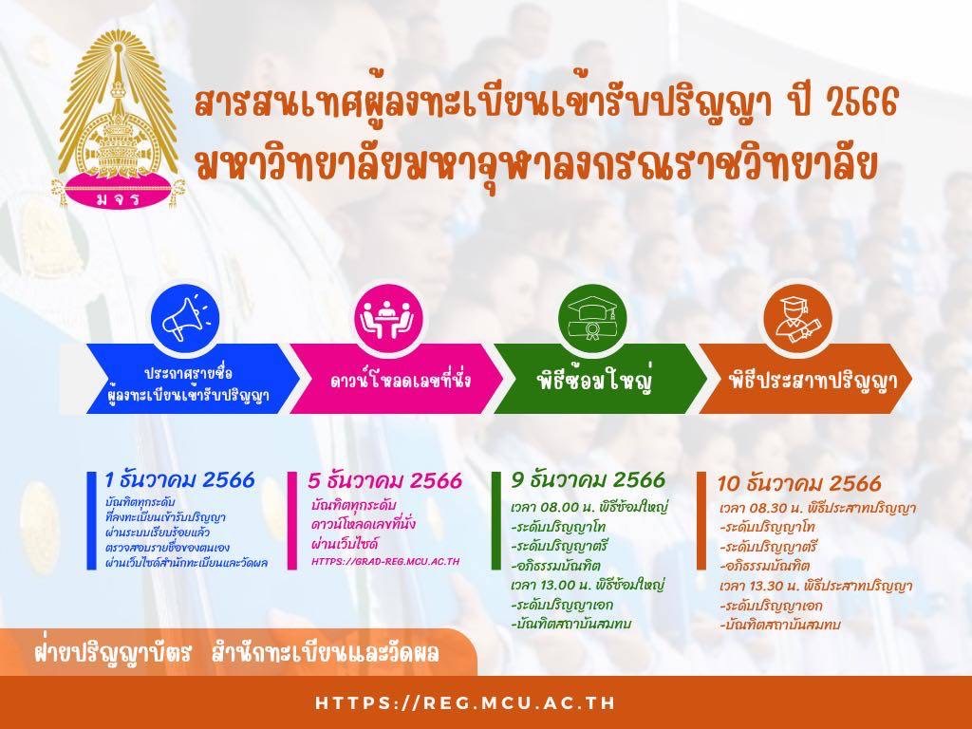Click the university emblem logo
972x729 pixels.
click(x=118, y=119)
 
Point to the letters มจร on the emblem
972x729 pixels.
click(x=118, y=199)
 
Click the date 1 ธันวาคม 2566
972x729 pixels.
click(x=179, y=479)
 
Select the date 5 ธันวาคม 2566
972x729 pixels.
click(x=385, y=480)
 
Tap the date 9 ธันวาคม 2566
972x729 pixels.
click(x=589, y=479)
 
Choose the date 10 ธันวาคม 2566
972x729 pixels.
click(x=799, y=483)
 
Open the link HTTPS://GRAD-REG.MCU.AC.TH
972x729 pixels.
click(x=385, y=562)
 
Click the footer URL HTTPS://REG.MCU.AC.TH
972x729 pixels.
click(x=465, y=703)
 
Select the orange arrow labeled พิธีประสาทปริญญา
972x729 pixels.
click(x=806, y=379)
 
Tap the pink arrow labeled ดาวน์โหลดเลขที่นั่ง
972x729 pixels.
click(x=397, y=379)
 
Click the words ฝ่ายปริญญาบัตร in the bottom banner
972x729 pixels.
click(x=112, y=652)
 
